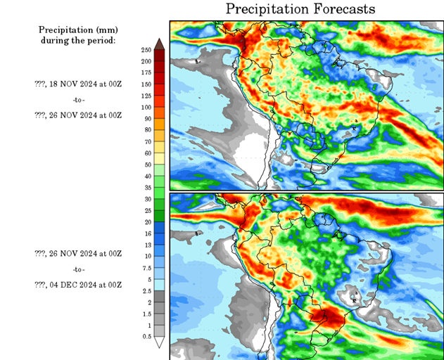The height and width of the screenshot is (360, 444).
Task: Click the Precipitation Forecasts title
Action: [x=300, y=9]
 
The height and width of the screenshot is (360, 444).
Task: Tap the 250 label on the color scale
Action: [x=146, y=50]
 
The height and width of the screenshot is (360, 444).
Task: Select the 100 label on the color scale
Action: [x=146, y=107]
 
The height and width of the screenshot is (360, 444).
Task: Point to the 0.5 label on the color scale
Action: [x=146, y=337]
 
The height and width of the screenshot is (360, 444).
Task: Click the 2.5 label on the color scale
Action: [x=146, y=290]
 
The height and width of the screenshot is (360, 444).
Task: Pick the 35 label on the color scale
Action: [x=146, y=188]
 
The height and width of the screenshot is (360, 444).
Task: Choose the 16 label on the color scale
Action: [x=146, y=233]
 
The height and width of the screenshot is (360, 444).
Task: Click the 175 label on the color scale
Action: [x=146, y=72]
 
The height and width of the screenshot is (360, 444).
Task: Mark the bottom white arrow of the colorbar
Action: [x=160, y=343]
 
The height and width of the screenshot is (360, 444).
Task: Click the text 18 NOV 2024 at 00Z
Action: [x=78, y=83]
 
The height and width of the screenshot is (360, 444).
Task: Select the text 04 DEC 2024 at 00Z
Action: [x=78, y=285]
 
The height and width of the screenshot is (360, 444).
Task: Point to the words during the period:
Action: [x=77, y=40]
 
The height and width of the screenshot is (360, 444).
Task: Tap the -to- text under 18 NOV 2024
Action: [x=78, y=99]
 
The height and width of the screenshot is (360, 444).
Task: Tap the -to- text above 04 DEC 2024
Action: [x=78, y=269]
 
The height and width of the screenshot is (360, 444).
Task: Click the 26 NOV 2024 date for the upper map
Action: [x=78, y=115]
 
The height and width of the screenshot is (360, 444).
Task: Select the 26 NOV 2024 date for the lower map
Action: [x=78, y=253]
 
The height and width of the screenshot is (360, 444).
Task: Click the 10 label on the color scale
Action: [x=146, y=256]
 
